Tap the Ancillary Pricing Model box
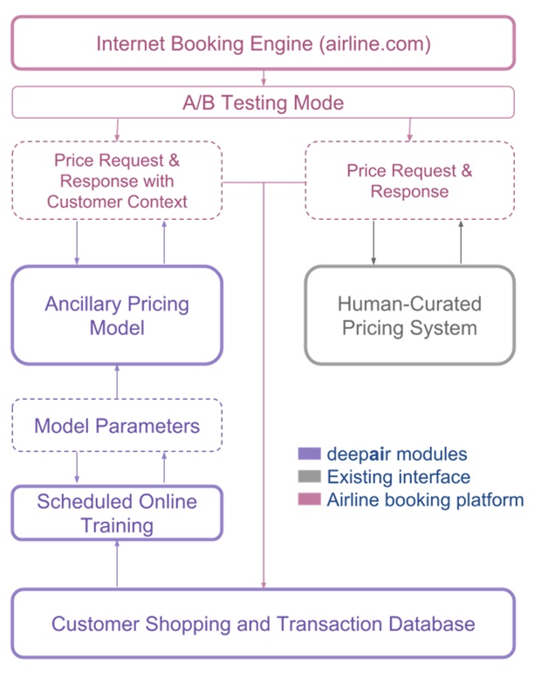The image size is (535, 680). click(x=117, y=315)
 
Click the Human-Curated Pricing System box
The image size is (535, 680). click(x=408, y=315)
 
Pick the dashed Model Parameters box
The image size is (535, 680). click(x=117, y=426)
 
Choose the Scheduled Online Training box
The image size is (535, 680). click(x=117, y=513)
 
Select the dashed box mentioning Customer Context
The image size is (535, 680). click(x=117, y=181)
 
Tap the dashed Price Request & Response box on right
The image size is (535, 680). click(x=408, y=181)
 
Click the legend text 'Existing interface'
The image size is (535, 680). click(x=398, y=477)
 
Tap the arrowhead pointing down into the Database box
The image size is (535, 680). click(x=263, y=583)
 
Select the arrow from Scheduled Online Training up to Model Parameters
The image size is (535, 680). click(x=164, y=469)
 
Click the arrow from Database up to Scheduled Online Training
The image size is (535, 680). click(x=117, y=564)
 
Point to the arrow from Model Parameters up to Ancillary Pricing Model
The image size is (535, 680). click(x=117, y=382)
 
